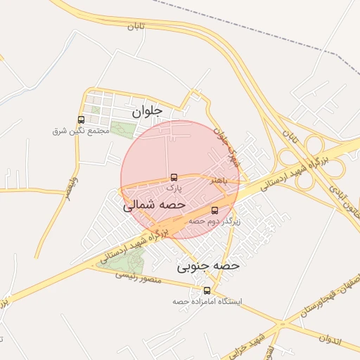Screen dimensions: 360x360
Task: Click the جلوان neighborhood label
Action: point(147,110)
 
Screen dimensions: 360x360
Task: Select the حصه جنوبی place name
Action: point(208,266)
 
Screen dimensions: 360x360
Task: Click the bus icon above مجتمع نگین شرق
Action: point(82,120)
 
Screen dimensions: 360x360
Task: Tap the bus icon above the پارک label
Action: point(174,178)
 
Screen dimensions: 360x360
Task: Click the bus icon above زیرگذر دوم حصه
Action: point(214,210)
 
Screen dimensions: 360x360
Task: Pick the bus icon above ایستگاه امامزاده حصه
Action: point(207,290)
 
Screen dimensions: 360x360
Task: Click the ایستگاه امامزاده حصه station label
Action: point(207,302)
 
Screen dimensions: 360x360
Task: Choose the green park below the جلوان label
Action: point(122,131)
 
